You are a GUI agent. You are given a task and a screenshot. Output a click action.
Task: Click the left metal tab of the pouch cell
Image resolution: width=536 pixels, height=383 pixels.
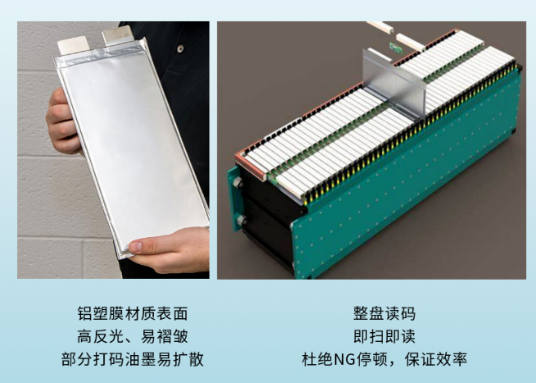point(74,44)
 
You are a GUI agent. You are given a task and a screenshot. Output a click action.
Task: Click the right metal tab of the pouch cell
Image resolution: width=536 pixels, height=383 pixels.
point(117,35)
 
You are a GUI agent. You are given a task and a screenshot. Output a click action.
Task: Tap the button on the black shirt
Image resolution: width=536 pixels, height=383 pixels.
point(180,49)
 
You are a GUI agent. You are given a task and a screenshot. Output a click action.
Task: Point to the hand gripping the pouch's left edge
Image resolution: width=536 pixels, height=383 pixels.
point(62,121)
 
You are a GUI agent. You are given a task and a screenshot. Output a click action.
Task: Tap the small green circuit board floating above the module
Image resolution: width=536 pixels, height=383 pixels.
point(396,48)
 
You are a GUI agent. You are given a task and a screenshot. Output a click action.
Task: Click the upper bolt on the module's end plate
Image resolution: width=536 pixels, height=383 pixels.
point(238,183)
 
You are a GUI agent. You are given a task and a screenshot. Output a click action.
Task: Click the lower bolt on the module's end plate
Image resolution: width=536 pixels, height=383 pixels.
point(242,220)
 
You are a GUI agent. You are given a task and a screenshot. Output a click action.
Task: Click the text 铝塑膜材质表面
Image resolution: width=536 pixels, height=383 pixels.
point(132,313)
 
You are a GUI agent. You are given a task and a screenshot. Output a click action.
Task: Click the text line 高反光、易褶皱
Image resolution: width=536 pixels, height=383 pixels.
point(132,336)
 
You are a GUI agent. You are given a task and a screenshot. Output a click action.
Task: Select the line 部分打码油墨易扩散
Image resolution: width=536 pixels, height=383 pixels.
point(132,359)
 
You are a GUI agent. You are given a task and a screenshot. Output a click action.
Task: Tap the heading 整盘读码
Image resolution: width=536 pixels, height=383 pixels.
point(384,313)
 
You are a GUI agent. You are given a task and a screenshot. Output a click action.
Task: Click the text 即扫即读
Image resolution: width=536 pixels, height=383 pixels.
point(384,336)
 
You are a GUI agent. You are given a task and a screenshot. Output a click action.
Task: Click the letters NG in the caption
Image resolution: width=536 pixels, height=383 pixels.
point(344,360)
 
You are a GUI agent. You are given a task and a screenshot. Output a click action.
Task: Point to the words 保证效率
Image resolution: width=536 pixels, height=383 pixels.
point(436,359)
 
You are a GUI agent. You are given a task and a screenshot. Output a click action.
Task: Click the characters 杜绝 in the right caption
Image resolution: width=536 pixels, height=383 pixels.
point(317,359)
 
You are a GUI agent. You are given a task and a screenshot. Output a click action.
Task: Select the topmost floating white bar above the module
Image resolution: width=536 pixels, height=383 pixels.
point(380,27)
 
